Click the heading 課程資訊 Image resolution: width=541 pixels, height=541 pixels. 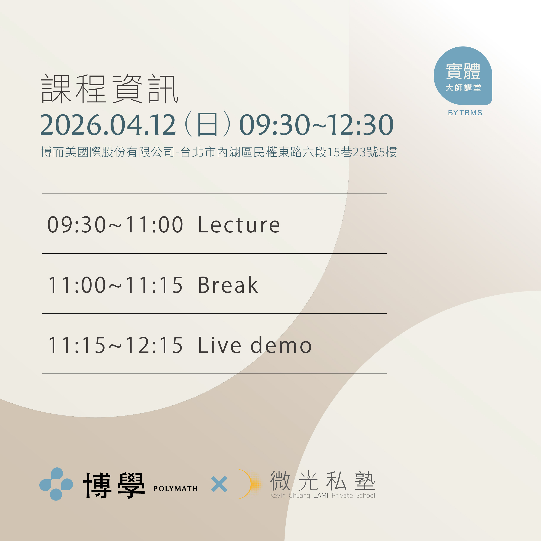tap(109, 89)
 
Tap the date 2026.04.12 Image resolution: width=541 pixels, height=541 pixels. tap(108, 125)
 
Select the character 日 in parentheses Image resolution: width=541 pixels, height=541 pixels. tap(207, 124)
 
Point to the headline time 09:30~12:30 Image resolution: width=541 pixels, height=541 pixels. tap(316, 125)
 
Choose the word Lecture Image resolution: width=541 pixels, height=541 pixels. tap(239, 225)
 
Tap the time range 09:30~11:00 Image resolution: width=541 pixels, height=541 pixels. tap(115, 225)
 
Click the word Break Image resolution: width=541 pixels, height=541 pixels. tap(228, 285)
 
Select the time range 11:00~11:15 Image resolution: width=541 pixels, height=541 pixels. tap(115, 285)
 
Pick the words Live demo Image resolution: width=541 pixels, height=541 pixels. tap(255, 345)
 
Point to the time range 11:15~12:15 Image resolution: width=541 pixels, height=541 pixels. tap(115, 345)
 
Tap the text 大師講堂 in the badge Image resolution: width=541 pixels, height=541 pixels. tap(463, 88)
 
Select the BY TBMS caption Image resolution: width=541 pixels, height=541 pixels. tap(465, 113)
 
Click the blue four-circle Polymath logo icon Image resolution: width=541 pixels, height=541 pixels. tap(56, 484)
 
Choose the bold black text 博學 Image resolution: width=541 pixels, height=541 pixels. tap(114, 485)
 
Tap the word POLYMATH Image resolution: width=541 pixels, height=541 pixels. tap(176, 489)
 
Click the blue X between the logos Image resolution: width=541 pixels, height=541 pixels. tap(219, 484)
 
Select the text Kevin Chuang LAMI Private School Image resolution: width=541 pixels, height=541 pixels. tap(323, 495)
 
